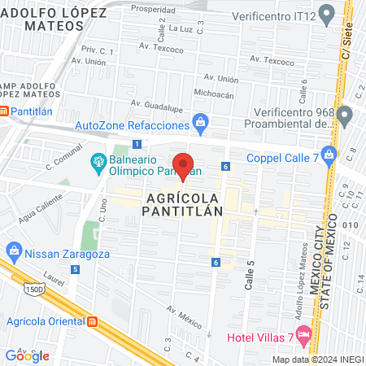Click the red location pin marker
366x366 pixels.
pos(184,166)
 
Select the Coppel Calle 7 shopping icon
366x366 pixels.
pos(329,153)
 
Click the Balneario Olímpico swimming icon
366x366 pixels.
pos(98,162)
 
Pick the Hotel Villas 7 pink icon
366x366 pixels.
pos(304,333)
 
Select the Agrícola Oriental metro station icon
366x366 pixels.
pos(94,321)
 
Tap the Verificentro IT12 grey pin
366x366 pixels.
pos(327,13)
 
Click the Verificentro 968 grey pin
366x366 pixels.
pos(344,112)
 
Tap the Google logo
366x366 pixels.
pos(27,355)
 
